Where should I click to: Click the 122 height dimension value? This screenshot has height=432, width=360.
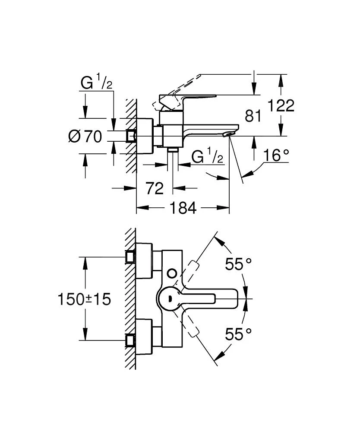(x=280, y=105)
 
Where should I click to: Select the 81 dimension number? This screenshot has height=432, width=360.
(x=253, y=116)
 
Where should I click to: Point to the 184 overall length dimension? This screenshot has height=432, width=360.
(x=183, y=208)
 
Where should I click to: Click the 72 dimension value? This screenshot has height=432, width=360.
(x=154, y=188)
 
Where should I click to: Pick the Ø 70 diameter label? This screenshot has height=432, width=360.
(x=85, y=137)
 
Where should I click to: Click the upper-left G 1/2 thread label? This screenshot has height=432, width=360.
(x=96, y=82)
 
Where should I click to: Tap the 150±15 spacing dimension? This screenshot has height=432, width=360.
(x=85, y=299)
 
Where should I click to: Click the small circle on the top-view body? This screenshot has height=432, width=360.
(x=172, y=273)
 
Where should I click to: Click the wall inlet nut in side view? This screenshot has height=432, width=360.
(x=130, y=136)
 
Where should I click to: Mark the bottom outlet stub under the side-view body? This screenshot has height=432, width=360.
(x=174, y=149)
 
